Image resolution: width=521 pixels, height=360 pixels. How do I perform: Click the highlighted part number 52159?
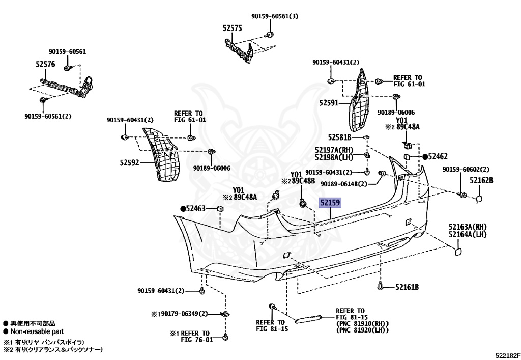[330, 203]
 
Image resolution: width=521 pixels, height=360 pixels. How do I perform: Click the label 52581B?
[340, 137]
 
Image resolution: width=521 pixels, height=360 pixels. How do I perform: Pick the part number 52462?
[437, 157]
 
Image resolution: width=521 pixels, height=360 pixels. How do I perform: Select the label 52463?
[194, 208]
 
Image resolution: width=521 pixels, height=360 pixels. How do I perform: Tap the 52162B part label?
[481, 180]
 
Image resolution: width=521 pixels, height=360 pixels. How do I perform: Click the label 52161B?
[407, 288]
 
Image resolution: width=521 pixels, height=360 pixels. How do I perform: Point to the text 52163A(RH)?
[468, 227]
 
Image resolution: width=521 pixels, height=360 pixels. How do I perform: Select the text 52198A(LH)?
[334, 157]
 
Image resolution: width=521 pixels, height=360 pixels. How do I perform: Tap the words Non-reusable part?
[37, 331]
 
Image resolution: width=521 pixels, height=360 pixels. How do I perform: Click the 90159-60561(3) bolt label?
[275, 16]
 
